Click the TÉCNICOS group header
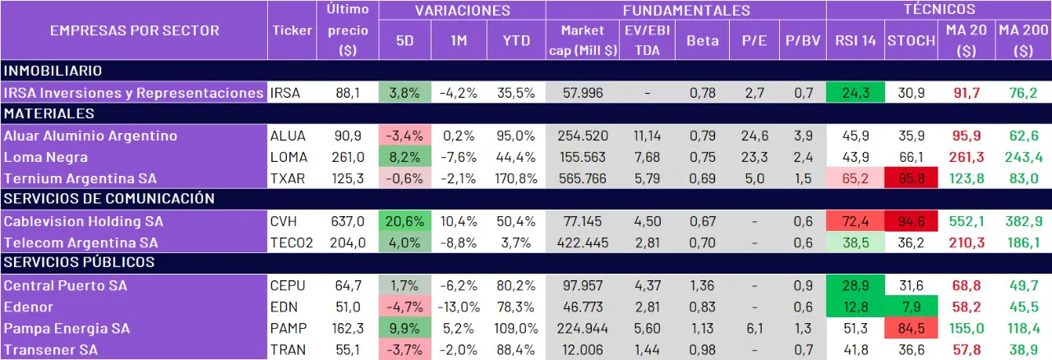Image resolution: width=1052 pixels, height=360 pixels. [939, 10]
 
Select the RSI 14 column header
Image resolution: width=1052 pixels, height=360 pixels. [856, 40]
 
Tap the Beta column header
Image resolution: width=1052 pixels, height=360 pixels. [702, 40]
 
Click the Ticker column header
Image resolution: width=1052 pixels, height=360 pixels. [292, 30]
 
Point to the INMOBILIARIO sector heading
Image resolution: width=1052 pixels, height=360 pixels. [53, 72]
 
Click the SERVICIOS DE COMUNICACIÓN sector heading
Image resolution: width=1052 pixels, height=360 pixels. [109, 199]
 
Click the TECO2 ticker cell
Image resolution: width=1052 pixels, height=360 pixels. [293, 242]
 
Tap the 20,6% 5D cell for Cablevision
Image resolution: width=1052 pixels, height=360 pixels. [405, 221]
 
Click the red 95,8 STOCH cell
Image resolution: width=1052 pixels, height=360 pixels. [911, 178]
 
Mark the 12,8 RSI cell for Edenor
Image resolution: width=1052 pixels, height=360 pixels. [856, 307]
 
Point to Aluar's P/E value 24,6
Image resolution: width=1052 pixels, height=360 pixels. [754, 136]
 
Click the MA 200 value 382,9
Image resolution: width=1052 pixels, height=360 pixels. [1022, 221]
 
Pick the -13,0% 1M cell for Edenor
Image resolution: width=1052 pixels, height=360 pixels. [460, 307]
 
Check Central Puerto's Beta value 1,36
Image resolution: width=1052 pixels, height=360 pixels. [702, 285]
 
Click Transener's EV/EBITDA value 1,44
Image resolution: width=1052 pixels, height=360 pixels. [648, 349]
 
